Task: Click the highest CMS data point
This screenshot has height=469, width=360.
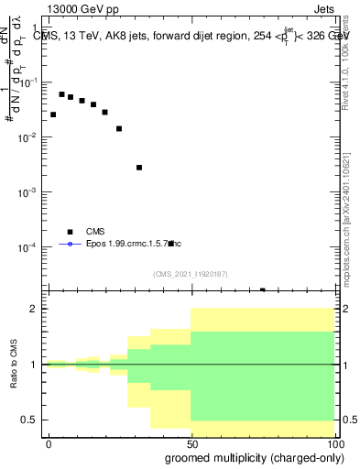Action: pyautogui.click(x=62, y=94)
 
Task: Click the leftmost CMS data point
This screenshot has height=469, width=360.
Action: pyautogui.click(x=53, y=115)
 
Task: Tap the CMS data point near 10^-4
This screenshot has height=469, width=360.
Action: pyautogui.click(x=171, y=244)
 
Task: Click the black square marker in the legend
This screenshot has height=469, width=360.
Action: pyautogui.click(x=70, y=232)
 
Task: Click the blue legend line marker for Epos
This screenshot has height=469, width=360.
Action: pyautogui.click(x=70, y=244)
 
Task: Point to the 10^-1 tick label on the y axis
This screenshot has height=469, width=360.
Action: pyautogui.click(x=31, y=82)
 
